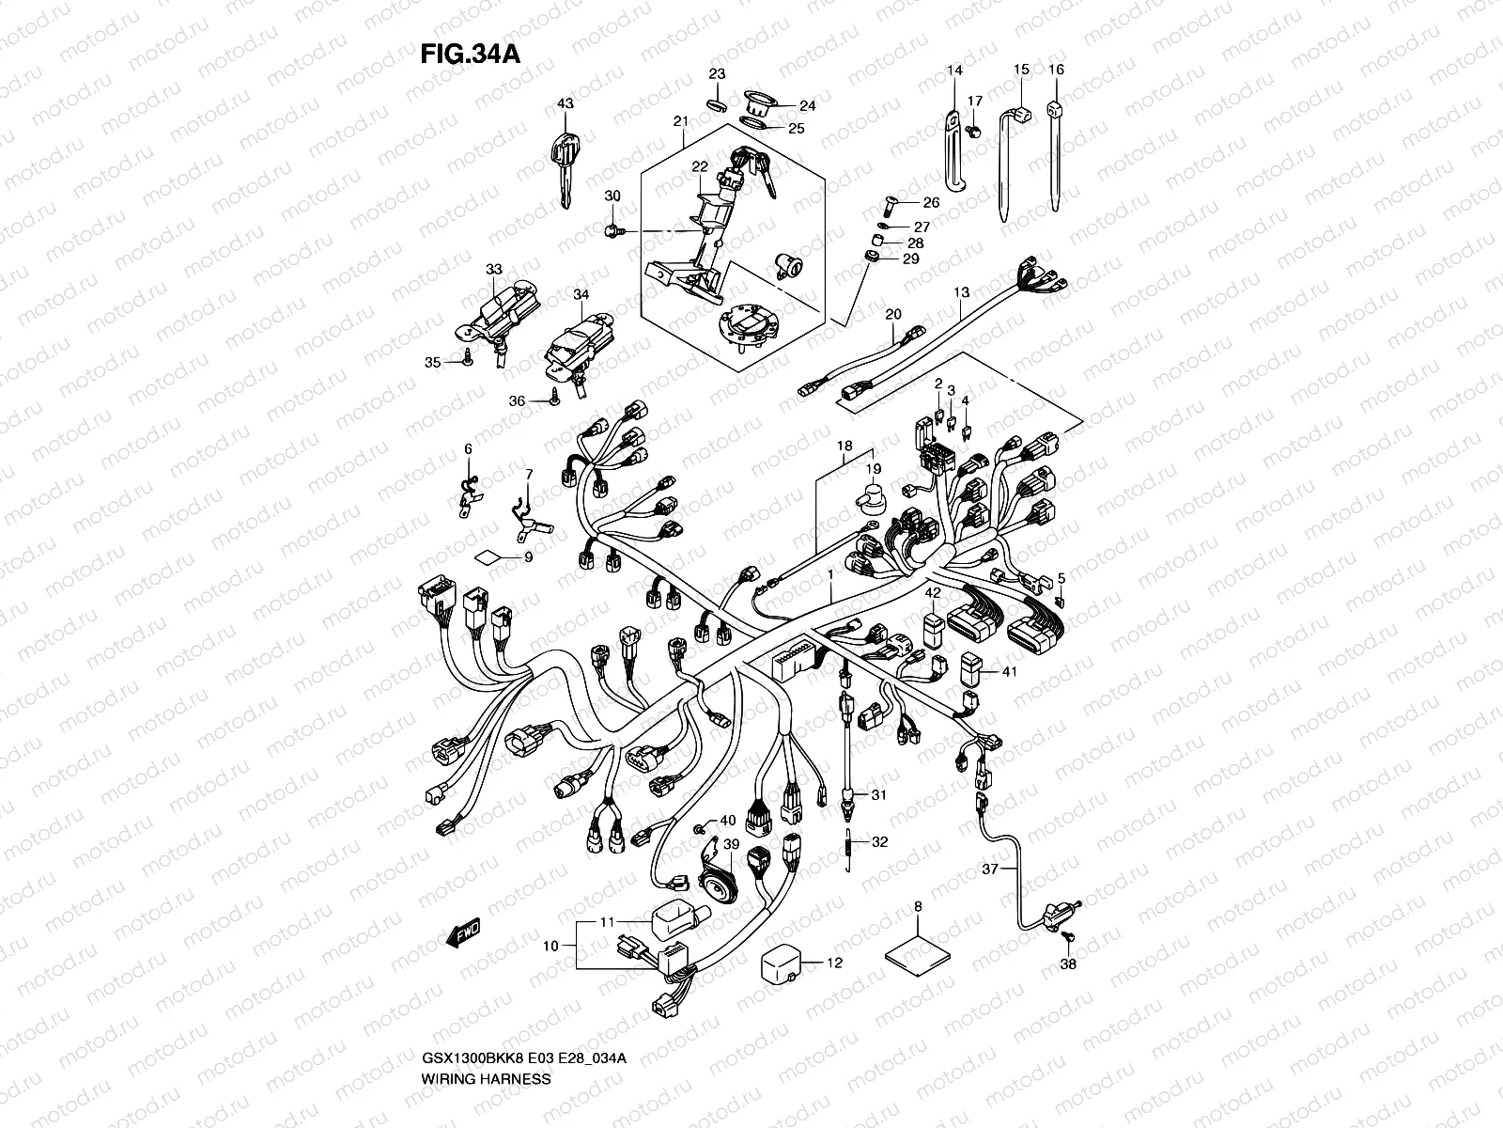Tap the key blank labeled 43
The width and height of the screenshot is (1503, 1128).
(x=566, y=164)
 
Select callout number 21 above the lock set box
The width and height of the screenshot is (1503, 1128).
(x=681, y=121)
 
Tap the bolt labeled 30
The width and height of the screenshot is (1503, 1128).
(x=613, y=229)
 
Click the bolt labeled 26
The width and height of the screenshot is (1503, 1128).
(x=891, y=201)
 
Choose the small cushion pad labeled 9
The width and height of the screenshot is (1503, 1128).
(x=487, y=556)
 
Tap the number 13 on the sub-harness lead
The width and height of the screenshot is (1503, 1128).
(x=961, y=293)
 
